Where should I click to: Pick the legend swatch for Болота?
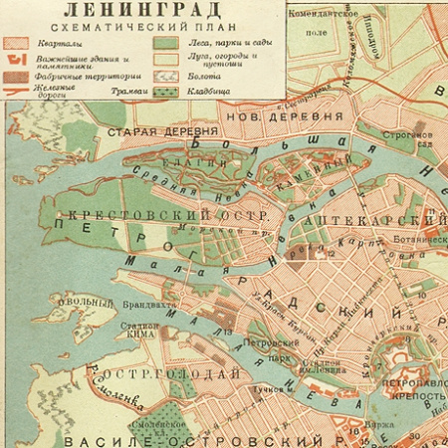click(163, 76)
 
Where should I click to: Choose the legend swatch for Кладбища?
click(163, 92)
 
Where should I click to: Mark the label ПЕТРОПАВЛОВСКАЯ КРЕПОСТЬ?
click(409, 387)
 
